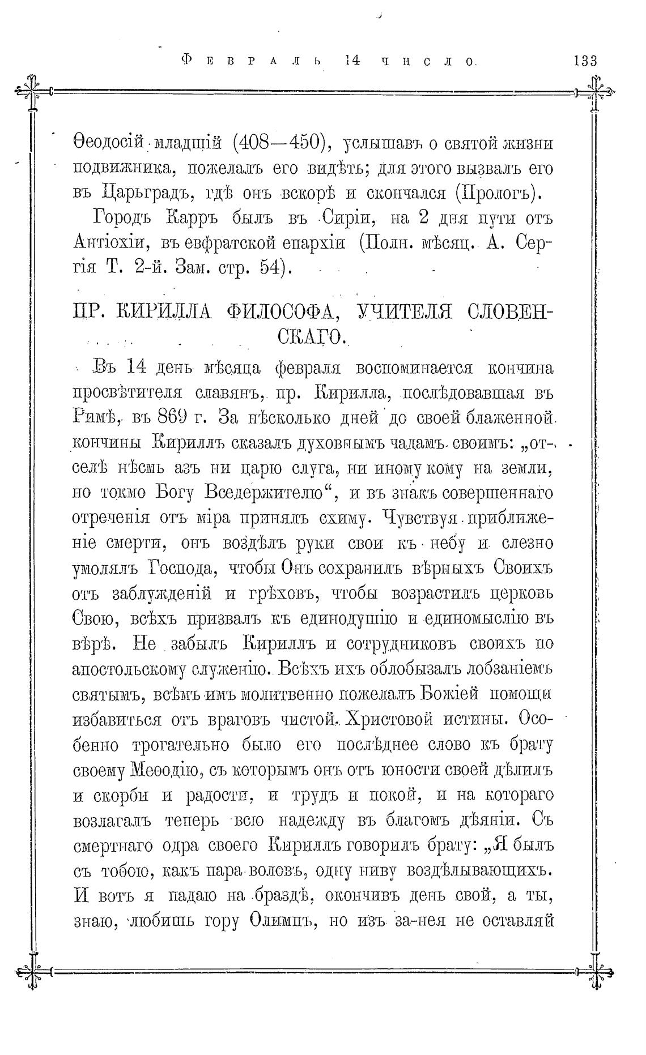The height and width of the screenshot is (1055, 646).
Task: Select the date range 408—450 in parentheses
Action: tap(278, 143)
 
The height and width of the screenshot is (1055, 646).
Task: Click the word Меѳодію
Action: tap(163, 771)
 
